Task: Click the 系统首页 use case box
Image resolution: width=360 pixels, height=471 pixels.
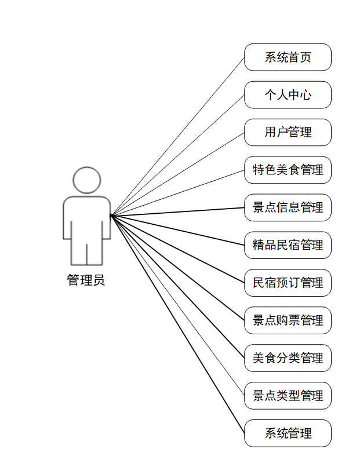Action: (288, 57)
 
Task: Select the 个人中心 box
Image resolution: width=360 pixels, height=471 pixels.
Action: (288, 95)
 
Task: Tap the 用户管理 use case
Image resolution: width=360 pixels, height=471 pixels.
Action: (288, 132)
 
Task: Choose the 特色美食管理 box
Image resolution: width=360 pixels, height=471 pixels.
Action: (288, 170)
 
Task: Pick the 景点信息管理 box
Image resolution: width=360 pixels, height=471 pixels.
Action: (288, 207)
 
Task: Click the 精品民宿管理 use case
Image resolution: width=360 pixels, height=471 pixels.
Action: (288, 245)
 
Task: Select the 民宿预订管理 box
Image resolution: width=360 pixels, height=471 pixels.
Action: (288, 283)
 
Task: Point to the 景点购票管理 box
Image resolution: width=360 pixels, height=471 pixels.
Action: (288, 320)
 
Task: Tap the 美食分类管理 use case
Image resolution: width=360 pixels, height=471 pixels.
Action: (288, 358)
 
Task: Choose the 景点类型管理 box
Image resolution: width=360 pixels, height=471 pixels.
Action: (288, 396)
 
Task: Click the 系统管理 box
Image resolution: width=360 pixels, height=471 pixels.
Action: (288, 433)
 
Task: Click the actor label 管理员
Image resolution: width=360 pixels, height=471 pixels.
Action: (86, 281)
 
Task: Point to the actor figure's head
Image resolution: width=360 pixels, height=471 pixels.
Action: (87, 180)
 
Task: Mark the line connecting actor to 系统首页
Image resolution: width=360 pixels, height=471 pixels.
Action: (177, 137)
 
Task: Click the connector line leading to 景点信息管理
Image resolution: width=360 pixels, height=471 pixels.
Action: (177, 211)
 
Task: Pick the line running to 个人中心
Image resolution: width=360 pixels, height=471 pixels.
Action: (177, 155)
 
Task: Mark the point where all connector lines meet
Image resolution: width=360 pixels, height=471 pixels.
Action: (111, 216)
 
